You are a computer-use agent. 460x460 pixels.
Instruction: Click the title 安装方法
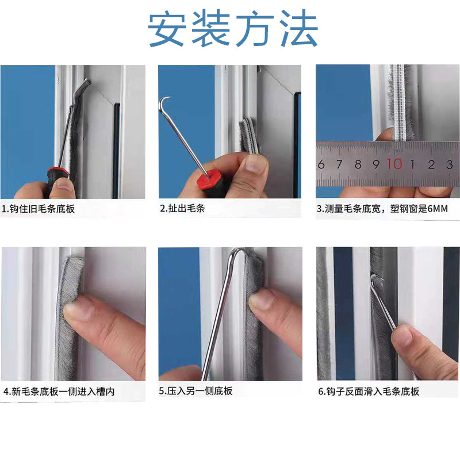[x=233, y=29]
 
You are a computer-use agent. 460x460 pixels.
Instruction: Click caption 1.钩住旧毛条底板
[x=39, y=209]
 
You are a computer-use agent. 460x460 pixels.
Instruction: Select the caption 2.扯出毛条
[x=182, y=209]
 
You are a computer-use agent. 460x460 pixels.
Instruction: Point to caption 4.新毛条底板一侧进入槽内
[x=59, y=392]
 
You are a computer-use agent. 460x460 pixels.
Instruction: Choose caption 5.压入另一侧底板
[x=196, y=391]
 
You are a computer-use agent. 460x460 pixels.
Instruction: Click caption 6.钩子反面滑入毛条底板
[x=369, y=392]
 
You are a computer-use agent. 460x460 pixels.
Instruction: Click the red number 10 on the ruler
[x=394, y=164]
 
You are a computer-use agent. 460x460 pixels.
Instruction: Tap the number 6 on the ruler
[x=321, y=164]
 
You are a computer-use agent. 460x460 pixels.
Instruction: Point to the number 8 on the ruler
[x=358, y=164]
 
